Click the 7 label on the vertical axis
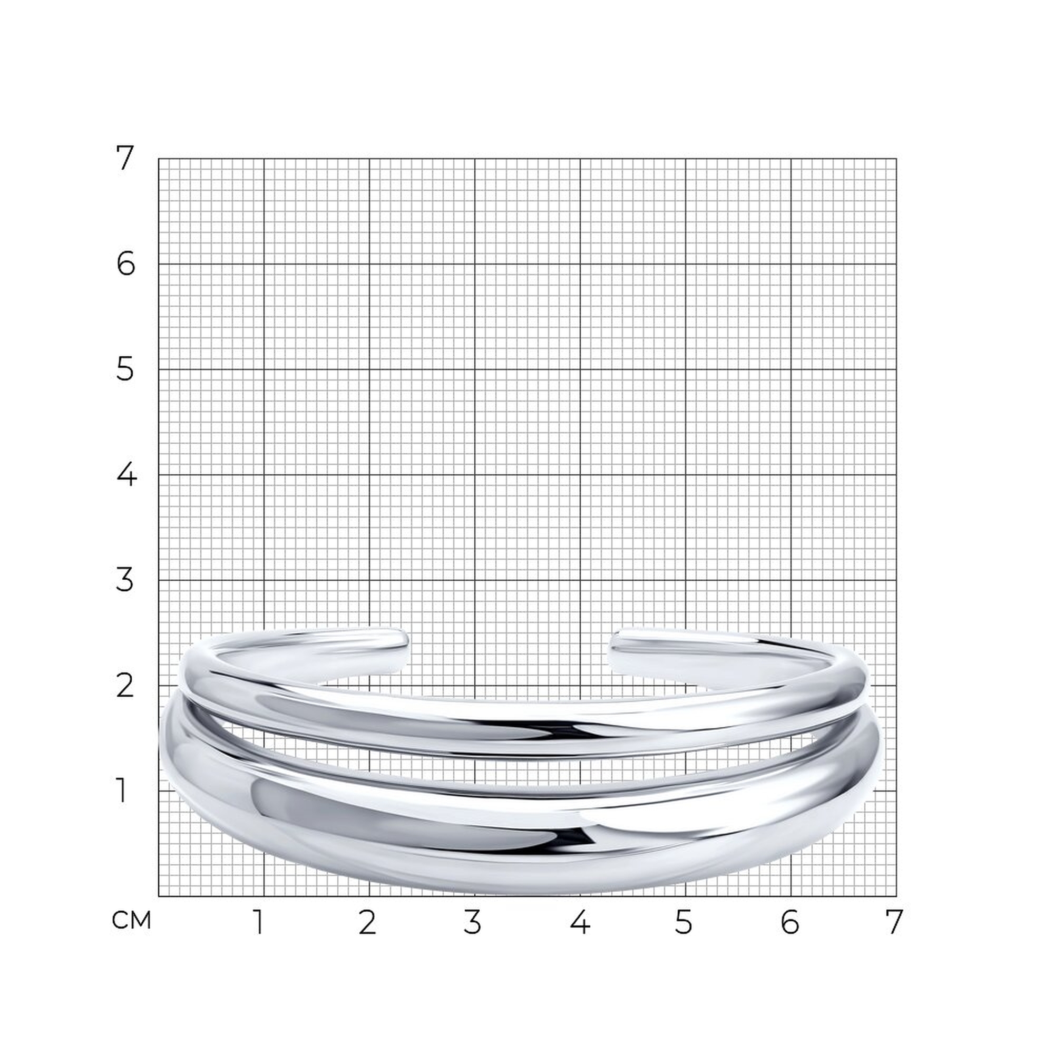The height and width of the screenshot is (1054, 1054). tap(125, 158)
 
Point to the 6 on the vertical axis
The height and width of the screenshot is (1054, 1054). tap(125, 264)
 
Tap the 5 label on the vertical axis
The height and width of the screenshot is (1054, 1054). tap(125, 369)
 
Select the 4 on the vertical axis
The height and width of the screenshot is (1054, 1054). tap(126, 475)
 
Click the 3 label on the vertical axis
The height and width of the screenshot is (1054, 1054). tap(125, 580)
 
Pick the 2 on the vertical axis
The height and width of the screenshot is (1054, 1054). tap(125, 685)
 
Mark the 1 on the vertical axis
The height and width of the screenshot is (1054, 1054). tap(122, 790)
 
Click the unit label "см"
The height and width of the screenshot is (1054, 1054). tap(131, 920)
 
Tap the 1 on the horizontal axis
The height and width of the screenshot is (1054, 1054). tap(259, 922)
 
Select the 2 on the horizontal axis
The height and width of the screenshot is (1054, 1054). tap(367, 922)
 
